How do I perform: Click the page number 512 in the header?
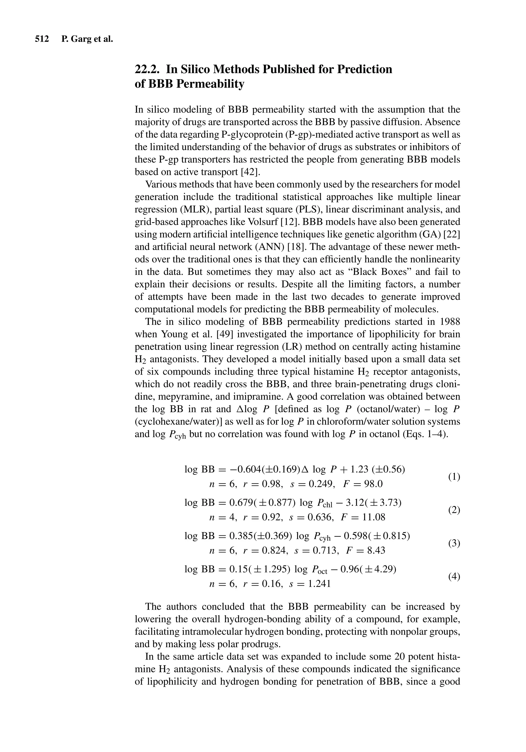[x=42, y=39]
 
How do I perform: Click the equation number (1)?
[x=454, y=477]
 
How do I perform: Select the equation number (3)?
[x=454, y=543]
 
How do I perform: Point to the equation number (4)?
[x=454, y=577]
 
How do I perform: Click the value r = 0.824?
[x=266, y=551]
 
